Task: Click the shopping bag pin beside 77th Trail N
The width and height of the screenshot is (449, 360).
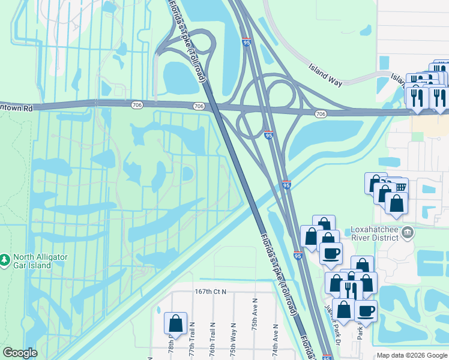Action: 175,323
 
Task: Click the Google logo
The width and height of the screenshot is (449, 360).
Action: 20,353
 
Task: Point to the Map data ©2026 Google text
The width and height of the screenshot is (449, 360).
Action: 412,355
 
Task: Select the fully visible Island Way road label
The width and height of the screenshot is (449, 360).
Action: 325,76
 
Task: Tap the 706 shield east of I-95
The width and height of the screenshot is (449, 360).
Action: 321,114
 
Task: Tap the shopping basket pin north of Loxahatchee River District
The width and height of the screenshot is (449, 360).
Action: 399,187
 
